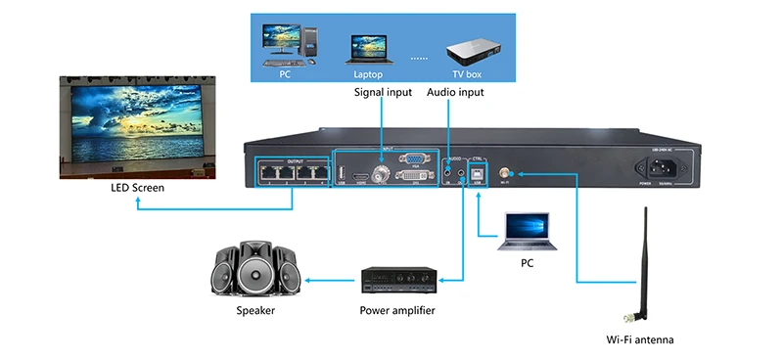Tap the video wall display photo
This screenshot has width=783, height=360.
(x=134, y=123)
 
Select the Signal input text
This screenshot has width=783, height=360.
(x=383, y=93)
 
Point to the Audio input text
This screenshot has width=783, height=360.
(x=455, y=93)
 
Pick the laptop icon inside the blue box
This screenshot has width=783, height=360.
(x=366, y=49)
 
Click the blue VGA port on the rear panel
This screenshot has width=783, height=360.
(x=414, y=158)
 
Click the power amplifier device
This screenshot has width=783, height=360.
(x=396, y=281)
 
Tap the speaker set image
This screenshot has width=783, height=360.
(x=254, y=269)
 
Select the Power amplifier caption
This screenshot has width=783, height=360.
(x=396, y=311)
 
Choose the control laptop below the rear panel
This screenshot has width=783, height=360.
(x=527, y=233)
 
